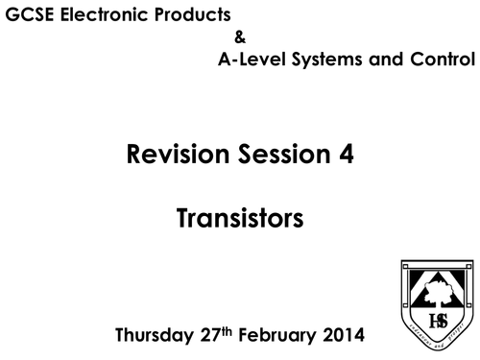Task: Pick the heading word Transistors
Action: [240, 220]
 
